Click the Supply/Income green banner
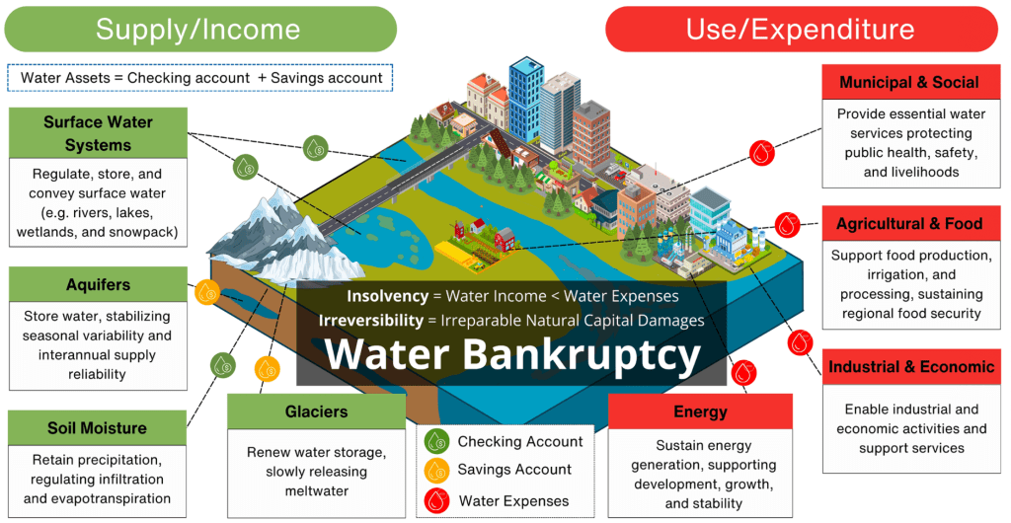click(199, 30)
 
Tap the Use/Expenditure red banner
click(801, 30)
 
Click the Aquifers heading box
click(98, 284)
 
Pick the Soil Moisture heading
click(97, 428)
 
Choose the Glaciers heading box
click(316, 411)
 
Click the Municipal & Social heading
click(909, 82)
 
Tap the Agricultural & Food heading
click(909, 224)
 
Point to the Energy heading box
click(700, 411)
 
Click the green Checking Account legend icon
click(435, 442)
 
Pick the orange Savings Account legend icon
click(435, 470)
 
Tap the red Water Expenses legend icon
click(435, 500)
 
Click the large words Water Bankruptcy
click(513, 355)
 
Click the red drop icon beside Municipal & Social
click(761, 153)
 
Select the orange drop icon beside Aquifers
click(206, 291)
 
